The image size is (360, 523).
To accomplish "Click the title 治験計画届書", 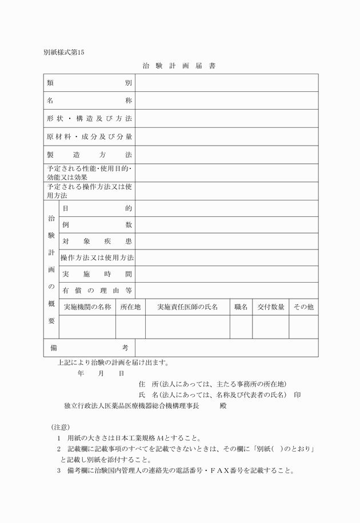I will (179, 66).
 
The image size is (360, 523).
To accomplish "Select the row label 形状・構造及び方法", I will (89, 118).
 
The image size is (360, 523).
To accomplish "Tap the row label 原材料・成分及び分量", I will (89, 136).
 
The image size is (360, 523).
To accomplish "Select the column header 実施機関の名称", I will (87, 307).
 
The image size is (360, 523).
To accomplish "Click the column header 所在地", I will (130, 307).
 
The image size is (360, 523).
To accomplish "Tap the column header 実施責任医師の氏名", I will (187, 307).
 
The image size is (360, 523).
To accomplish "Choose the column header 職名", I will (241, 307).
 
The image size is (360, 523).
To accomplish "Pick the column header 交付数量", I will (270, 307).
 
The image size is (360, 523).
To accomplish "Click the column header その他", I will (303, 307).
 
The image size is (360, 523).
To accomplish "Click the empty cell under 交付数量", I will (270, 327).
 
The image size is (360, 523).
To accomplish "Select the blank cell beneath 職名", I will (241, 327).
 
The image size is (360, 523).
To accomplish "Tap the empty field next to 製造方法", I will (226, 155).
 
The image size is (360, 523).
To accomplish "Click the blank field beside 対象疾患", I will (226, 241).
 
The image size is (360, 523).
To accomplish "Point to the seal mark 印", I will (297, 395).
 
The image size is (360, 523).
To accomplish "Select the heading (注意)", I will (60, 427).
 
